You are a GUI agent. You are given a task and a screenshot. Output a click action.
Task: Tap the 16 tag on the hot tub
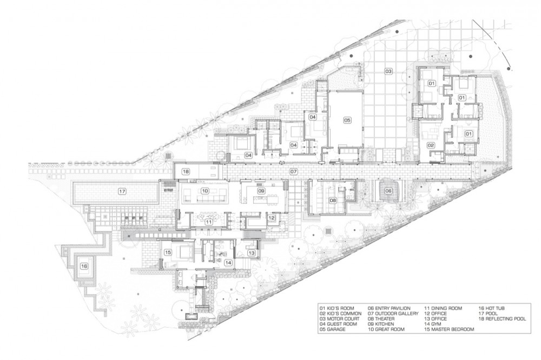tap(84, 266)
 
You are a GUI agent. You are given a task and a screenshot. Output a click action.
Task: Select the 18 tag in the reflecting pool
tap(186, 171)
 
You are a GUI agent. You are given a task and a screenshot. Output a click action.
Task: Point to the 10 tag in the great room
tap(205, 191)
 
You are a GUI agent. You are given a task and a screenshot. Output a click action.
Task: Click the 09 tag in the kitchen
tap(261, 191)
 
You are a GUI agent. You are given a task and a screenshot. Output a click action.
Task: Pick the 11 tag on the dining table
tap(209, 222)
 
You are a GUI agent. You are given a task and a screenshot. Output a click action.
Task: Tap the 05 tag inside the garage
tap(347, 120)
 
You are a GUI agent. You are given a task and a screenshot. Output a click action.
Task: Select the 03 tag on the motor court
tap(388, 72)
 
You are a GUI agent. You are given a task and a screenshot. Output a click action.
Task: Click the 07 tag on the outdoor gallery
tap(293, 171)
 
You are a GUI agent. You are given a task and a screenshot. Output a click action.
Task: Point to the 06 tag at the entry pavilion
tap(388, 191)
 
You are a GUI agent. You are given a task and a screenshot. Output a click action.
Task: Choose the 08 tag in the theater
tap(333, 200)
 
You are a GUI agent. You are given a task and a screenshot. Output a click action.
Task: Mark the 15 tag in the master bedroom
tap(168, 252)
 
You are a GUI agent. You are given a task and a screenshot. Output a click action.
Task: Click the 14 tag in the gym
tap(228, 262)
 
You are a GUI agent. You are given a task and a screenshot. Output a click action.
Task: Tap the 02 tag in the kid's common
tap(431, 145)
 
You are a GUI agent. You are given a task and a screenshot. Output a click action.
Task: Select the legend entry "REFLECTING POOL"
tap(506, 319)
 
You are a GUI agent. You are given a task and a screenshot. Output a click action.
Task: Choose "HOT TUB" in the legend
tap(495, 308)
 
